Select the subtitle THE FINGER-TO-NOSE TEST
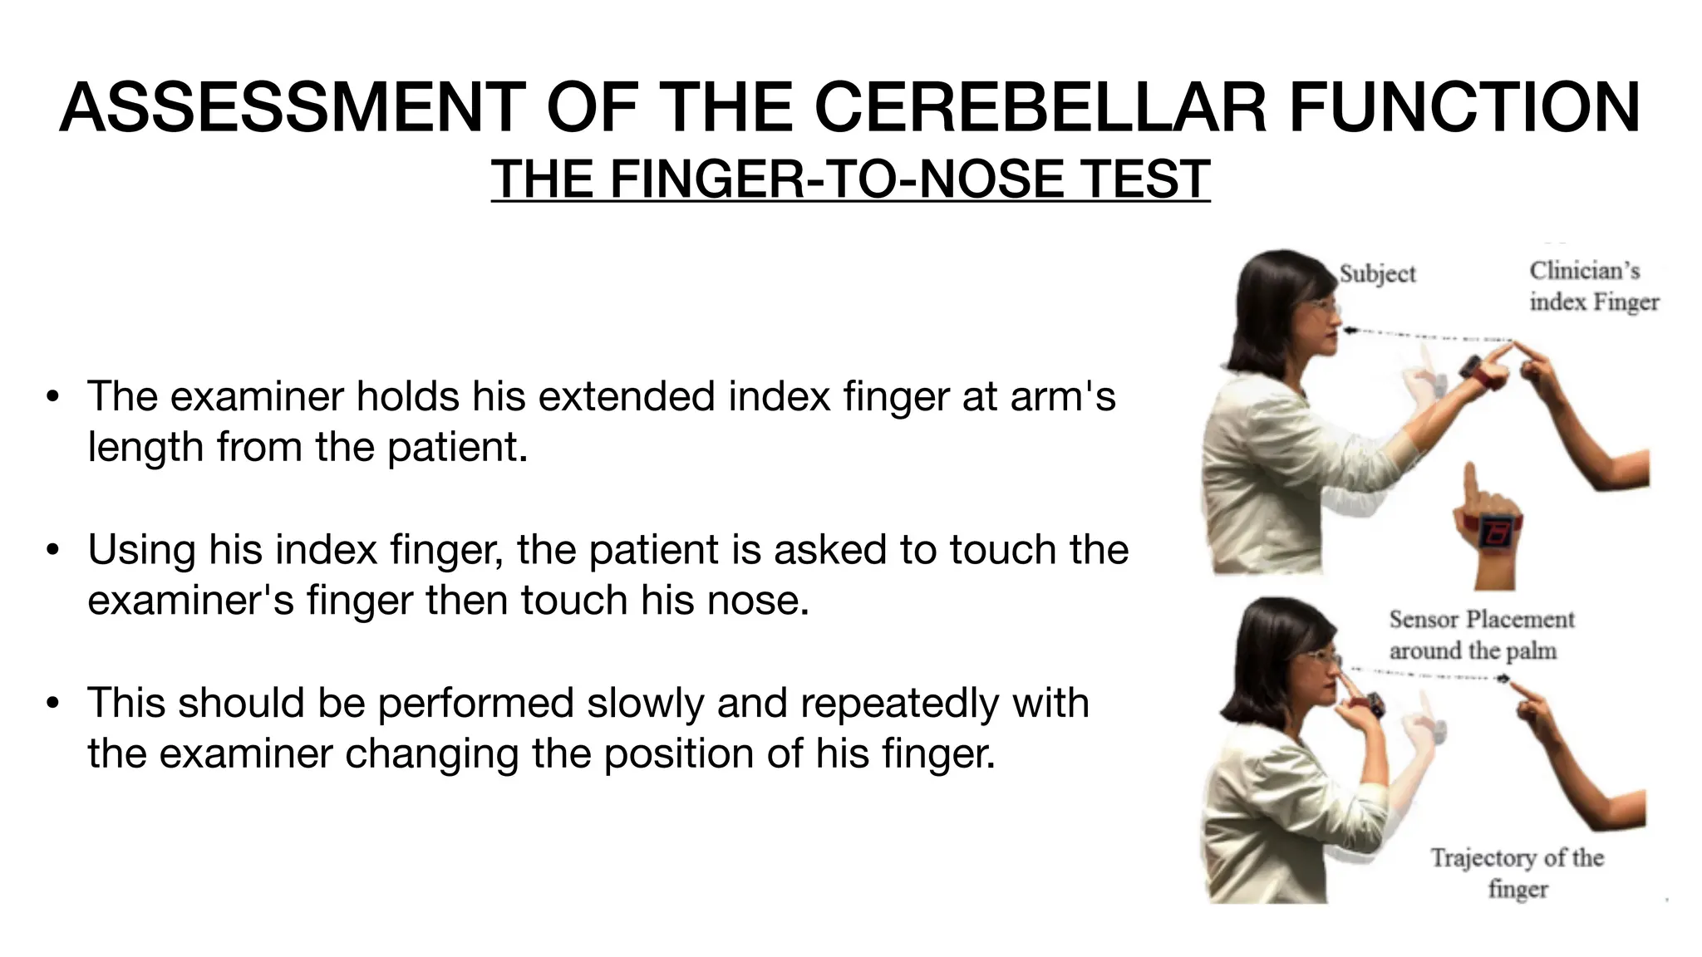(850, 179)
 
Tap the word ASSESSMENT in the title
(292, 108)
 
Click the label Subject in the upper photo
(1377, 274)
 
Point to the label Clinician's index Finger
(1593, 287)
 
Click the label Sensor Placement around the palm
(1481, 635)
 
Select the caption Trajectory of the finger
(1517, 872)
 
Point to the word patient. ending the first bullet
(457, 448)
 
